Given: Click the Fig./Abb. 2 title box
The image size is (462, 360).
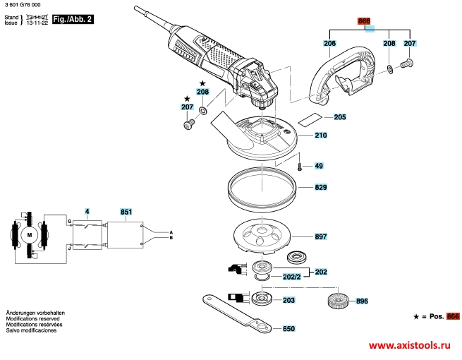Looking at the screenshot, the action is [73, 20].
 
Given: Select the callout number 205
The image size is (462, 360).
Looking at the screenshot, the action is [340, 117].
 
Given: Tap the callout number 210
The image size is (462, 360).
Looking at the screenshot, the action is [320, 136].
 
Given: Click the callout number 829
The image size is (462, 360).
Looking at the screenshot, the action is [320, 187].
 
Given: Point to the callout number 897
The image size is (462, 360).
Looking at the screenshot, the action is [320, 236].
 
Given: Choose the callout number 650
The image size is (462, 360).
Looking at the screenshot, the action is [288, 328].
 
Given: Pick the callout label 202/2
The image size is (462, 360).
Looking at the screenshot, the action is [292, 277].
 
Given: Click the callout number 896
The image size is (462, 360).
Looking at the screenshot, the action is [362, 301].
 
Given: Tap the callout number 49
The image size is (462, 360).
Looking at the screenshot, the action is [319, 166].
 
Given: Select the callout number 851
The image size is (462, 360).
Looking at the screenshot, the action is [126, 212].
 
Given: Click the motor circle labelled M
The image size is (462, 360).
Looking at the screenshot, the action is [30, 235].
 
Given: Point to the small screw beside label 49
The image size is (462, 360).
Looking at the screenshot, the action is [300, 167].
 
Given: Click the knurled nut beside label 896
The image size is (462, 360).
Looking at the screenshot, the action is [338, 301].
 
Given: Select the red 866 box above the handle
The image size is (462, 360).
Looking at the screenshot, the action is [364, 21].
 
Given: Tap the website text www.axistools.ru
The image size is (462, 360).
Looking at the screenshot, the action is [410, 345].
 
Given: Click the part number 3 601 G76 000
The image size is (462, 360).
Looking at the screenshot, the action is [23, 5].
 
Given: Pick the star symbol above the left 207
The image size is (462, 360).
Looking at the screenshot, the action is [187, 99].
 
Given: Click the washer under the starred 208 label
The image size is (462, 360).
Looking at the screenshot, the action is [202, 111].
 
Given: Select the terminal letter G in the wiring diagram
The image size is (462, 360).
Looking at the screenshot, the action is [70, 222].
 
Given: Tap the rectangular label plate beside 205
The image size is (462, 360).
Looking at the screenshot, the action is [310, 119].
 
